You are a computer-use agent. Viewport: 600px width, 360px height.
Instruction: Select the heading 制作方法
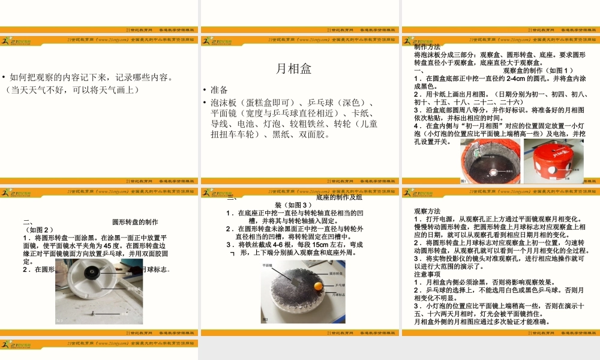click(x=427, y=47)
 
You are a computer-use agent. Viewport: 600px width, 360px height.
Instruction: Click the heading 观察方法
click(x=427, y=211)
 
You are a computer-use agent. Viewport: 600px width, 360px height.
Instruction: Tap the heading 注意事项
click(x=427, y=274)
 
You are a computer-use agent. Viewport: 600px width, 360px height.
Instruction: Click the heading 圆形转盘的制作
click(x=136, y=221)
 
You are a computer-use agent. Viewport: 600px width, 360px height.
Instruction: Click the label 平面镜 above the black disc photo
click(x=268, y=264)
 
